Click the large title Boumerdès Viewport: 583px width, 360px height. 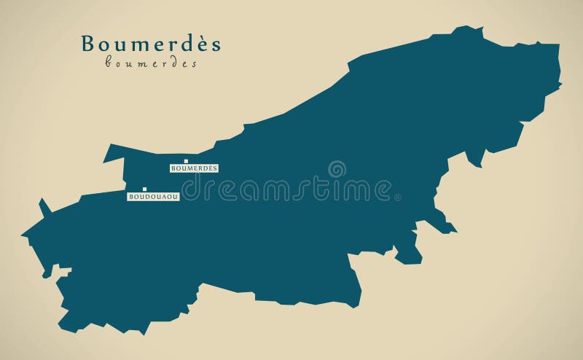[151, 44]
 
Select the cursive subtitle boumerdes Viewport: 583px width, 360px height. [151, 64]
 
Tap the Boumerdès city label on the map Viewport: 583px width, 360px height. [194, 168]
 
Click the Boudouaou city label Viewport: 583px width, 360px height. [153, 197]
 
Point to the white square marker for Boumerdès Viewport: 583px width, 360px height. [186, 161]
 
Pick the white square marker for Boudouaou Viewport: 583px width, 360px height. [145, 189]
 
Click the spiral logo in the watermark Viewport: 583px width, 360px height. [336, 170]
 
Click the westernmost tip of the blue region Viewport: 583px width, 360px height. [22, 235]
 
